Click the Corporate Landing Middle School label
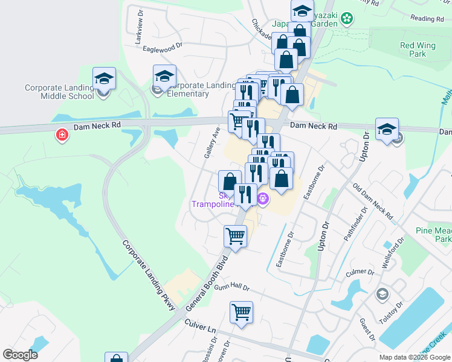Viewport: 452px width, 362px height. (x=59, y=92)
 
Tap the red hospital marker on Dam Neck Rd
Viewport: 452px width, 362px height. (x=62, y=135)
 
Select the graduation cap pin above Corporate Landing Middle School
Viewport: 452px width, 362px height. (x=104, y=79)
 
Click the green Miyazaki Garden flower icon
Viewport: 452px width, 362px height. (x=347, y=19)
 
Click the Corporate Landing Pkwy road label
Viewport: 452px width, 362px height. (x=149, y=276)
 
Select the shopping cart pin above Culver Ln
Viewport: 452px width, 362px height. (x=241, y=313)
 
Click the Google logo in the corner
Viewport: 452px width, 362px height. (x=20, y=355)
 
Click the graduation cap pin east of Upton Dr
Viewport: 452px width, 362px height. (x=387, y=129)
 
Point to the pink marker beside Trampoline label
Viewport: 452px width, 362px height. (x=263, y=198)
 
